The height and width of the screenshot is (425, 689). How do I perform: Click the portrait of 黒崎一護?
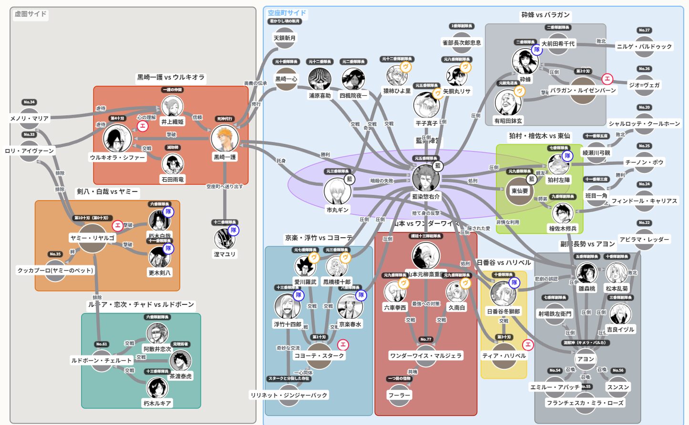click(x=225, y=139)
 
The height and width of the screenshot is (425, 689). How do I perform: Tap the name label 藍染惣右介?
click(x=426, y=196)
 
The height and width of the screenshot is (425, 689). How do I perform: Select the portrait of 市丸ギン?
click(x=338, y=192)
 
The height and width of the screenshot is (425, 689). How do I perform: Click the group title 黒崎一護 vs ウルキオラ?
click(x=171, y=77)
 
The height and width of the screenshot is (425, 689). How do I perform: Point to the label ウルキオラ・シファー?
click(x=117, y=157)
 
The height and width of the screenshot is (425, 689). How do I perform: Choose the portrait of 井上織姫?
click(x=172, y=107)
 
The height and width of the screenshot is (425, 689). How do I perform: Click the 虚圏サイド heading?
click(x=31, y=14)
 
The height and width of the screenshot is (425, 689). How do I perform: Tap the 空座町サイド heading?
click(x=287, y=13)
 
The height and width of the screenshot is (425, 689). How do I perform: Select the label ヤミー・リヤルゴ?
click(x=93, y=238)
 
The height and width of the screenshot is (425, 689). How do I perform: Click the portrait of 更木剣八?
click(x=159, y=257)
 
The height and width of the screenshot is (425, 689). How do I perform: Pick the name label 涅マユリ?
click(x=225, y=254)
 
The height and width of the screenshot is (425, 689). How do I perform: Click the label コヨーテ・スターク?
click(x=319, y=355)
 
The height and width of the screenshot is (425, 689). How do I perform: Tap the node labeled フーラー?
click(x=399, y=395)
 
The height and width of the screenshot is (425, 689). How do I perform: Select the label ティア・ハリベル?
click(x=504, y=355)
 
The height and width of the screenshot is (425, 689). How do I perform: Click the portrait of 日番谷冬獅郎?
click(x=503, y=293)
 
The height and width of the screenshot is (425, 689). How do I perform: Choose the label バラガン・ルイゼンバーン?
click(x=583, y=90)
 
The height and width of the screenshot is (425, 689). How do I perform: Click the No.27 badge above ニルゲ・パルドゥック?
click(x=644, y=30)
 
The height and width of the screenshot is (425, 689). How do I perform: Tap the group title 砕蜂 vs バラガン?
click(x=545, y=15)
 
